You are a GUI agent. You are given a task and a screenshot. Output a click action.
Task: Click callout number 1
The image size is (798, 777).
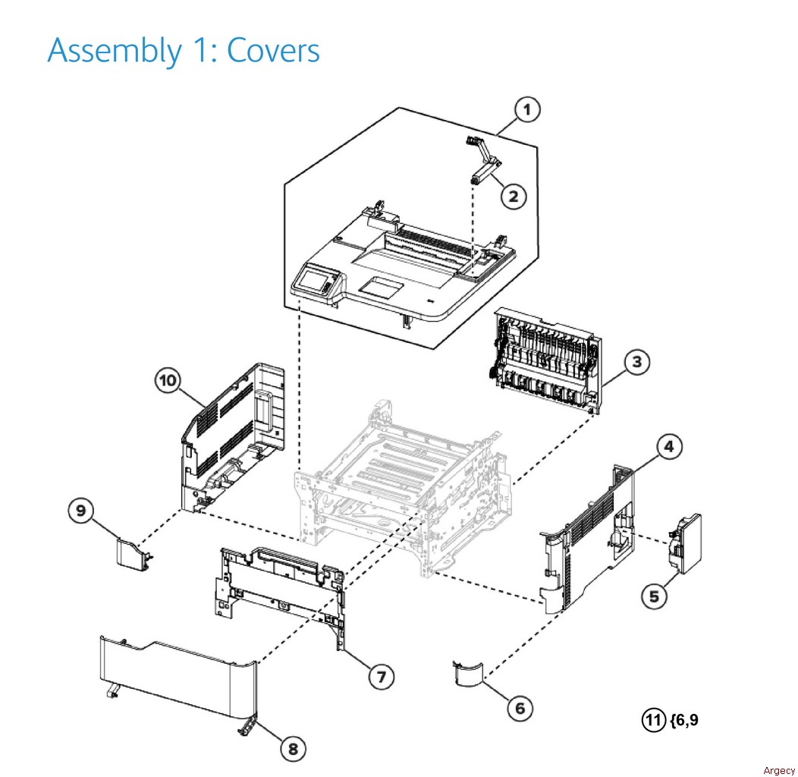tap(526, 111)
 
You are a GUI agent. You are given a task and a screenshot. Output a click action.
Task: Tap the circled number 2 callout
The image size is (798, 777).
tap(513, 196)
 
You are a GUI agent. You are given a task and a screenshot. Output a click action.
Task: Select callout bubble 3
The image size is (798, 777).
tap(636, 362)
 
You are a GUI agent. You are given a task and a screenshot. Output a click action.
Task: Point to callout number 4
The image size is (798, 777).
tap(668, 447)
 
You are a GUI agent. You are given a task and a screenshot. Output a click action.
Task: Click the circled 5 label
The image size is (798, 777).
tap(652, 596)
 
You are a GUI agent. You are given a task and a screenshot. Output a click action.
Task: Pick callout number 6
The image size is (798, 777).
tap(520, 708)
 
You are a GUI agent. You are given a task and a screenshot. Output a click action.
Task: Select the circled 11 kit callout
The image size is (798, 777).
tap(653, 719)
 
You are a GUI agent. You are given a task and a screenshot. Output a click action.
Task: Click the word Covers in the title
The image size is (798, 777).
tap(274, 50)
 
